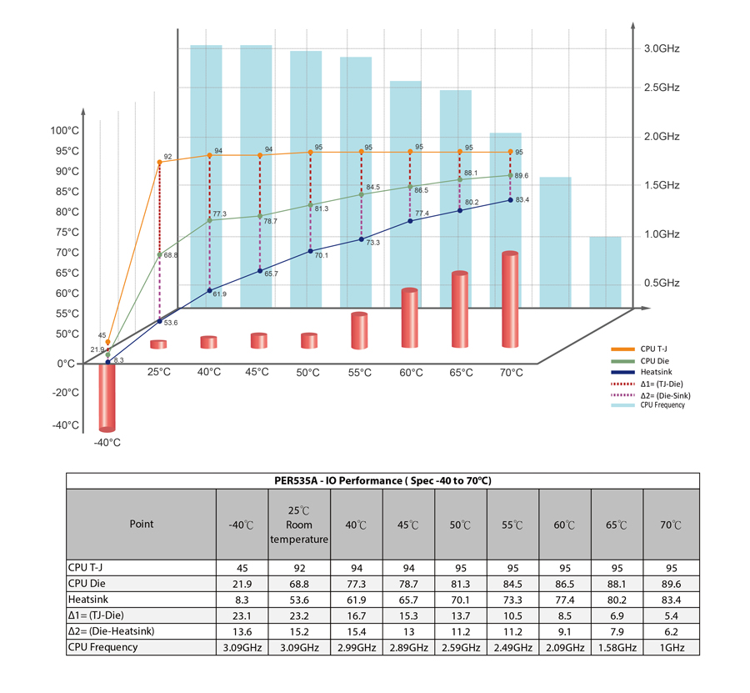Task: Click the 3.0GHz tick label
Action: tap(662, 49)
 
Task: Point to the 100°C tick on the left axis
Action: tap(64, 131)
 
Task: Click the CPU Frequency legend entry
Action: tap(662, 405)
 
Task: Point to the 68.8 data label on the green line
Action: tap(171, 255)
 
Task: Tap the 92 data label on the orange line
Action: tap(167, 157)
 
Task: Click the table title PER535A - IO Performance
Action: tap(382, 481)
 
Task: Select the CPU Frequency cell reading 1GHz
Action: tap(672, 646)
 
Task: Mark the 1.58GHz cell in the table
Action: tap(617, 646)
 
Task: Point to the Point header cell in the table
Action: tap(141, 525)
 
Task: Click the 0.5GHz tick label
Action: tap(662, 284)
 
